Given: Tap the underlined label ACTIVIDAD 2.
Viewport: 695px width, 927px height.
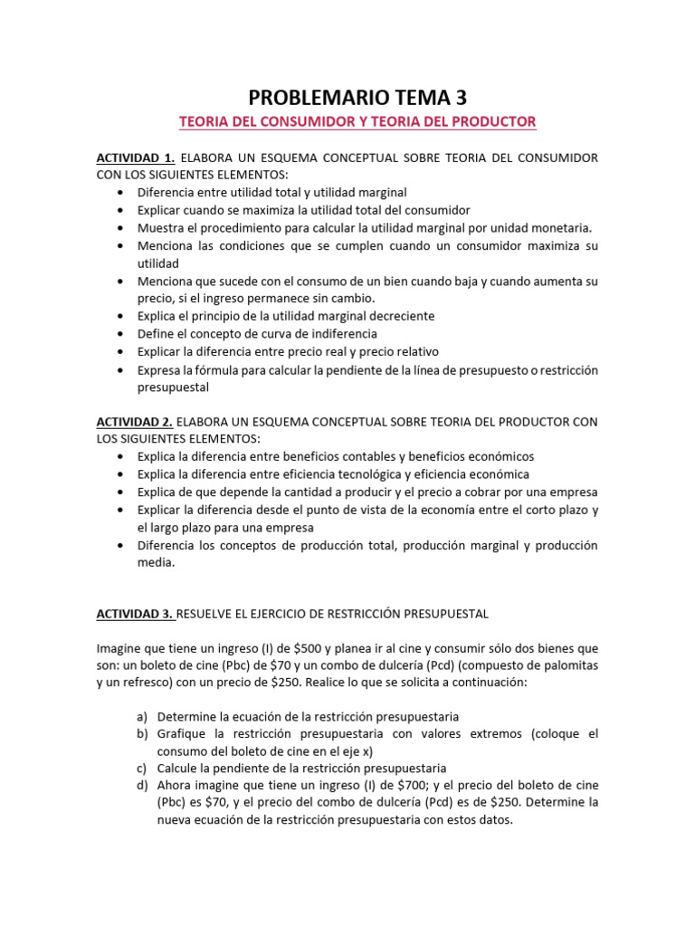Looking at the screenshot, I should (x=134, y=422).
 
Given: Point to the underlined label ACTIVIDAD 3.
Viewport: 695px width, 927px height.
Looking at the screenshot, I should (x=135, y=614).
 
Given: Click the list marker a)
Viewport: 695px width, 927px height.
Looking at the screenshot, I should (x=142, y=716).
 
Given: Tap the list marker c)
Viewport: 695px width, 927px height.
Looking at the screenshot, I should (x=142, y=768).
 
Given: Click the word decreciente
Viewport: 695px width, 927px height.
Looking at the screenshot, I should (x=391, y=316).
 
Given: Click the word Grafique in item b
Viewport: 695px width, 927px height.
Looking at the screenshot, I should (x=181, y=733).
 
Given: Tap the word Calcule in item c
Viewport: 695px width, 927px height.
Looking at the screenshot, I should (x=177, y=768).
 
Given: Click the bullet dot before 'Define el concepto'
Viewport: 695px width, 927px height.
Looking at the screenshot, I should (x=120, y=334).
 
